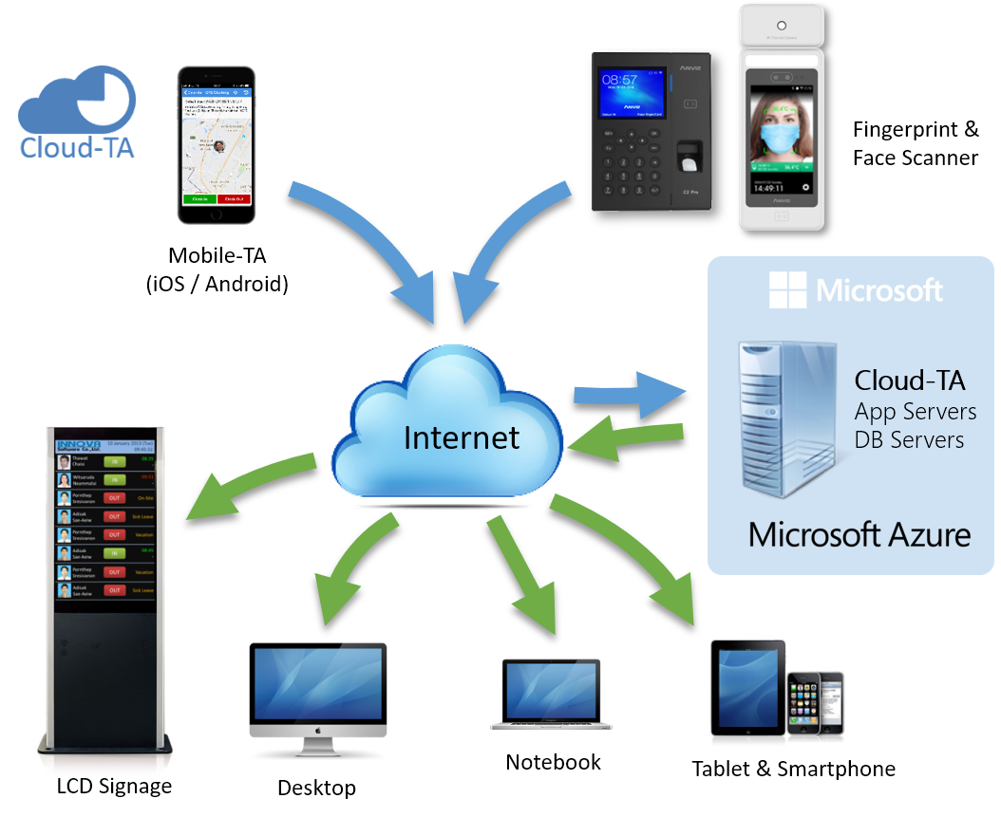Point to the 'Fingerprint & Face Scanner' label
click(915, 143)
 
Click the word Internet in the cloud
click(462, 436)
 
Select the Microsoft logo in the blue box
click(856, 289)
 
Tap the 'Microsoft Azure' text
click(859, 533)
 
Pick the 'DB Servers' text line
click(909, 439)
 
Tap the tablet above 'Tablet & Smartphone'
click(748, 688)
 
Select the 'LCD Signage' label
click(114, 786)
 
